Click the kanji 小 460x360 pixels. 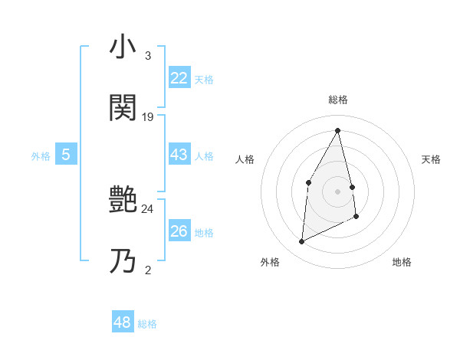pos(123,47)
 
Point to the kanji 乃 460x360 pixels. pos(123,260)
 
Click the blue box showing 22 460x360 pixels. pos(179,78)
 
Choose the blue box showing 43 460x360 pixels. pos(179,155)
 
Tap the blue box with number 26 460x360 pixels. pos(179,231)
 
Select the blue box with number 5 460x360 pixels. pos(66,155)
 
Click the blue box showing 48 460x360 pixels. pos(123,322)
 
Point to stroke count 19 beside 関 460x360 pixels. pos(148,117)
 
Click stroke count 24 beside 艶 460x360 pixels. pos(148,208)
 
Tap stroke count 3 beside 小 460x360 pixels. pos(148,56)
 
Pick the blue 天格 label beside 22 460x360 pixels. pos(204,80)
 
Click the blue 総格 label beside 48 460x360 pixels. pos(147,324)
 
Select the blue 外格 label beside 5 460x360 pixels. pos(41,156)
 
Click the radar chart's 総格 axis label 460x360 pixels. pos(338,100)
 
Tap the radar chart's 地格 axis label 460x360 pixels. pos(402,262)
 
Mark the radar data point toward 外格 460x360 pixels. pos(301,242)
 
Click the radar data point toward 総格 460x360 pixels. pos(338,130)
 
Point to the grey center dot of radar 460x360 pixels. pos(337,191)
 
